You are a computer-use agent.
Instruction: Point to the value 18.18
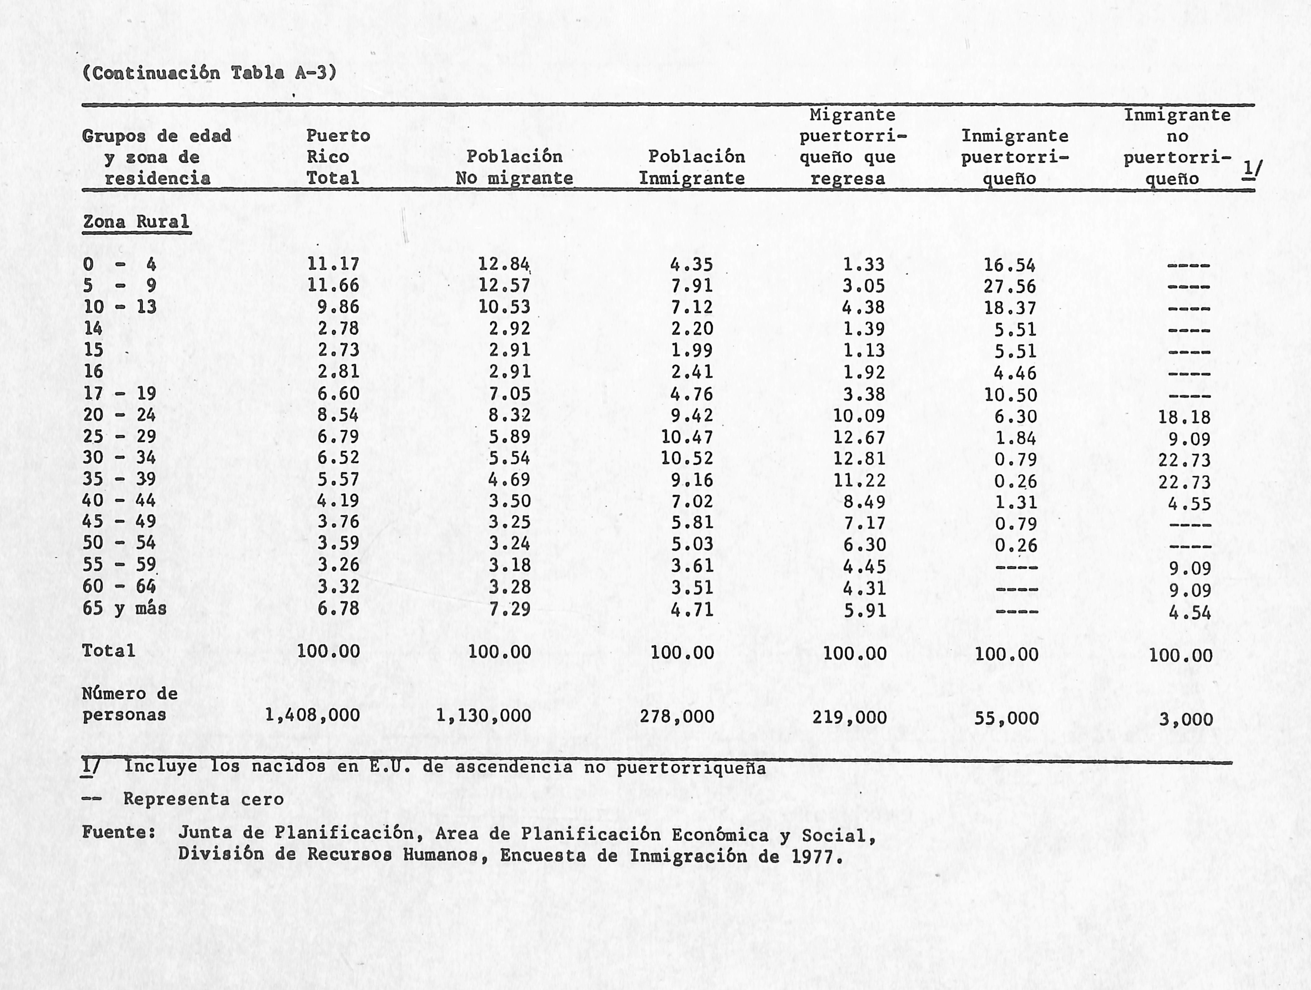[x=1184, y=417]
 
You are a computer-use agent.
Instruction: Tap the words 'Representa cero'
[x=203, y=799]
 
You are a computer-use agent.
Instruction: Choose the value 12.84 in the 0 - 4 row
[x=504, y=264]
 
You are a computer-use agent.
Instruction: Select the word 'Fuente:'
[x=119, y=832]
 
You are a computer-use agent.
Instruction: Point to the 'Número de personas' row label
[x=129, y=704]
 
